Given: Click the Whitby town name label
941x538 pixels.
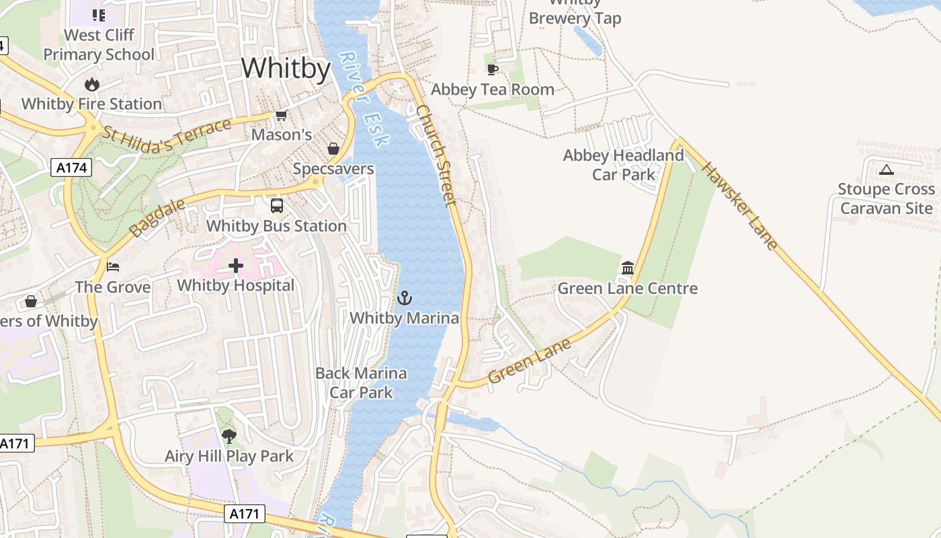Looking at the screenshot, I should click(286, 69).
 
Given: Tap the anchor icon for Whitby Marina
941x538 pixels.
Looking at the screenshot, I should click(405, 298).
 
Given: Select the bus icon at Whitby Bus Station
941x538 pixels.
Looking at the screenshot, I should click(277, 206).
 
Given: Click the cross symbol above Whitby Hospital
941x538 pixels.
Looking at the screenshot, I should click(236, 266).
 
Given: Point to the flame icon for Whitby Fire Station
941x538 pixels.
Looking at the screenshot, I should click(92, 84).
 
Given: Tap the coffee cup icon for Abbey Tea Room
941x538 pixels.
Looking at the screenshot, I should click(493, 69).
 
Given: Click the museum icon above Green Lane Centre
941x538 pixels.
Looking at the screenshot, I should click(628, 268).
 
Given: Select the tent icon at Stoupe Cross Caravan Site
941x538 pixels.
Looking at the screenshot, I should click(886, 169).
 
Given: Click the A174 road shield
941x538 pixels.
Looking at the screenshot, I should click(71, 167).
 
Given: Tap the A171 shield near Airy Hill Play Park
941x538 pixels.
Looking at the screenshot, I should click(245, 514).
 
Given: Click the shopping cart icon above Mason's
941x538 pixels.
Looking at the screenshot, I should click(282, 116).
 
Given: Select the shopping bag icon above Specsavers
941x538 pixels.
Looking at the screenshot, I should click(333, 149).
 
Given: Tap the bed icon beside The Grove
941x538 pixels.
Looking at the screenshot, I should click(113, 267).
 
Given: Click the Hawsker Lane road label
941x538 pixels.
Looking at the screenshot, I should click(740, 205).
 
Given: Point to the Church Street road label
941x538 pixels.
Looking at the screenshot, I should click(437, 155).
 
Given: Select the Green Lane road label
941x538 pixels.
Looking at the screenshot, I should click(530, 360).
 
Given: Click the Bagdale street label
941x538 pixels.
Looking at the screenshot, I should click(148, 218).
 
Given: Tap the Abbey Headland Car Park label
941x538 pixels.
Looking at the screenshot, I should click(623, 165).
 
